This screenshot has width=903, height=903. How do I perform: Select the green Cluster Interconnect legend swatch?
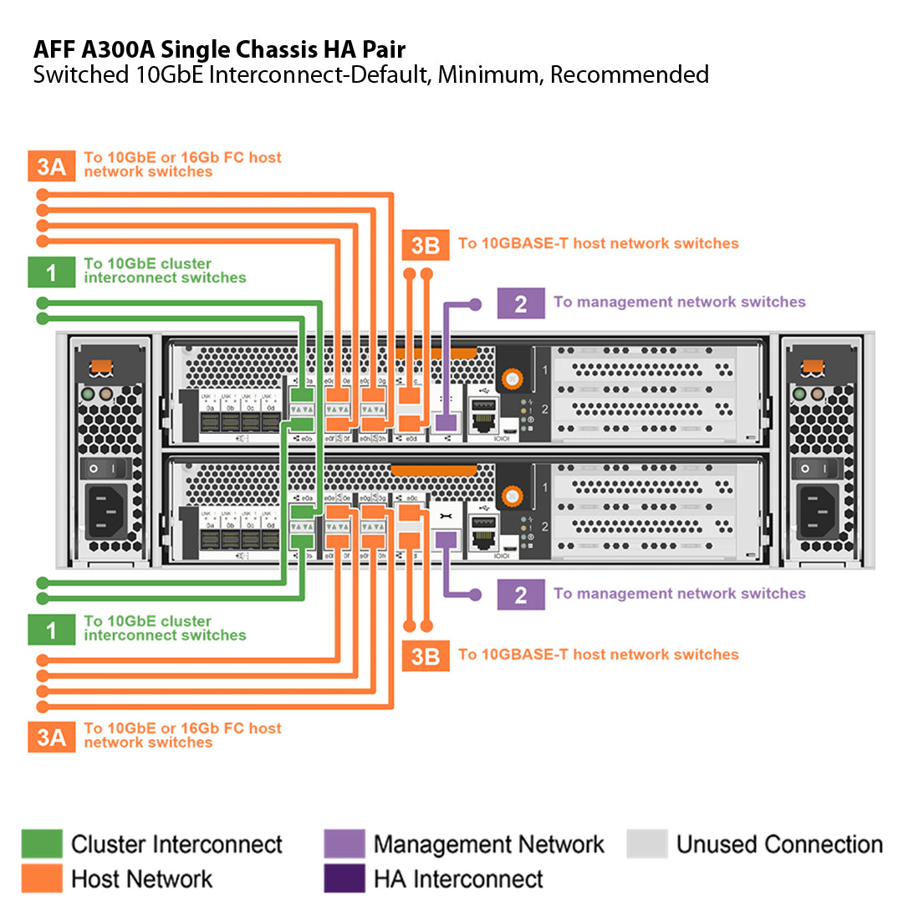click(42, 844)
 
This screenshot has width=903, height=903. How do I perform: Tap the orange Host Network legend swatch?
click(42, 879)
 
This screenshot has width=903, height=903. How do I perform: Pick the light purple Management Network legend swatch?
click(344, 844)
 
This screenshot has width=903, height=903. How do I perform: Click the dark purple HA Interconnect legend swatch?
click(344, 879)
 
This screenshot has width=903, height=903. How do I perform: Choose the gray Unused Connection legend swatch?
click(647, 844)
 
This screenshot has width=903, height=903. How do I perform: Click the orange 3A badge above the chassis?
click(51, 166)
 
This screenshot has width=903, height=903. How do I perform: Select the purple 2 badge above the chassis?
click(521, 303)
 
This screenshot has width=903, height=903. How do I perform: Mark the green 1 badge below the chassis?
click(51, 629)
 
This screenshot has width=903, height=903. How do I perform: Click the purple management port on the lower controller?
click(446, 540)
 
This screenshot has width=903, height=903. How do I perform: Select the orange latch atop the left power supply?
click(101, 367)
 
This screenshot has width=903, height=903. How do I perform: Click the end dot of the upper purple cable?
click(476, 304)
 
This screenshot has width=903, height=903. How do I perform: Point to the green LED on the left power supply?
click(86, 393)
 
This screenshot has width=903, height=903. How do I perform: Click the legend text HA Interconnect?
click(458, 879)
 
